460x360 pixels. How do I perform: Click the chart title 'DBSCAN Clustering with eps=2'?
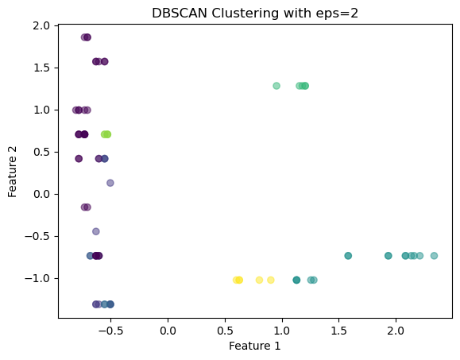tap(255, 14)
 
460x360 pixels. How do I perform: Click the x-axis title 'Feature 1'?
tap(255, 346)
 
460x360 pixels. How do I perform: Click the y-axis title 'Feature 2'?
tap(13, 172)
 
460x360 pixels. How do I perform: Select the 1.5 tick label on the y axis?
tap(41, 68)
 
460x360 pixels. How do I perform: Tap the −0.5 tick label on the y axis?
tap(38, 236)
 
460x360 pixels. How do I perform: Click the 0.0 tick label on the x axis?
tap(168, 331)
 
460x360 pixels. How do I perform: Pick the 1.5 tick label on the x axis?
tap(338, 331)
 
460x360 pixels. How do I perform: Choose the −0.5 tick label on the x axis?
tap(110, 331)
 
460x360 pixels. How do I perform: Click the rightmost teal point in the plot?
tap(434, 256)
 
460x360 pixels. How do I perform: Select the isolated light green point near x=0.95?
tap(276, 86)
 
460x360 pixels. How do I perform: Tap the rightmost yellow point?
tap(271, 281)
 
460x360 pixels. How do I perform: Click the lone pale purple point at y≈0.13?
tap(110, 183)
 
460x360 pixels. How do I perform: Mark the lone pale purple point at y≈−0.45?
tap(96, 231)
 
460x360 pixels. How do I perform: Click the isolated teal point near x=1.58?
tap(348, 256)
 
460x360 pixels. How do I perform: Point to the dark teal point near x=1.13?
tap(296, 281)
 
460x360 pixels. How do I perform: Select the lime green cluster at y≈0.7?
tap(106, 134)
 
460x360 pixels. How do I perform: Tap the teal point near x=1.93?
tap(388, 256)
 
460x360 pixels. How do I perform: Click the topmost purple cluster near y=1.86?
tap(86, 37)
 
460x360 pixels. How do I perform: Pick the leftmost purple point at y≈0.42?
tap(79, 159)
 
